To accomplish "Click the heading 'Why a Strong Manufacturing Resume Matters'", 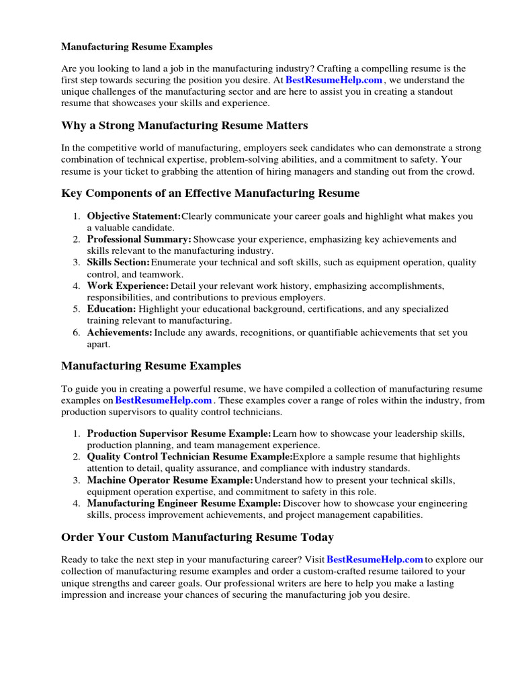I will coord(184,126).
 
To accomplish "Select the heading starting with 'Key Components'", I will coord(210,193).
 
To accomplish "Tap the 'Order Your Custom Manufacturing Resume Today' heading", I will coord(197,537).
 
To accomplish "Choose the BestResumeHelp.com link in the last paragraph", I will coord(375,560).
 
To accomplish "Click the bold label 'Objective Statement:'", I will coord(134,216).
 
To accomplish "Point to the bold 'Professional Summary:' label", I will coord(139,240).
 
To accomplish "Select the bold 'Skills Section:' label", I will coord(118,263).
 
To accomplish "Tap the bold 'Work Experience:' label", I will coord(128,286).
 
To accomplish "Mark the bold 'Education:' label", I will coord(112,309).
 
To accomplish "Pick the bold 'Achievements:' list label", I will coord(120,333).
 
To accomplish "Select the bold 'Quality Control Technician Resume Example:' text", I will coord(189,457).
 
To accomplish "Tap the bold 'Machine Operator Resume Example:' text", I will coord(170,480).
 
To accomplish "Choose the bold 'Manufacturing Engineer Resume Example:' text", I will coord(184,503).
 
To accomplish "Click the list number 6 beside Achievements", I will coord(77,333).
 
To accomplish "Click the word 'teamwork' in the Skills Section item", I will coord(162,274).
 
